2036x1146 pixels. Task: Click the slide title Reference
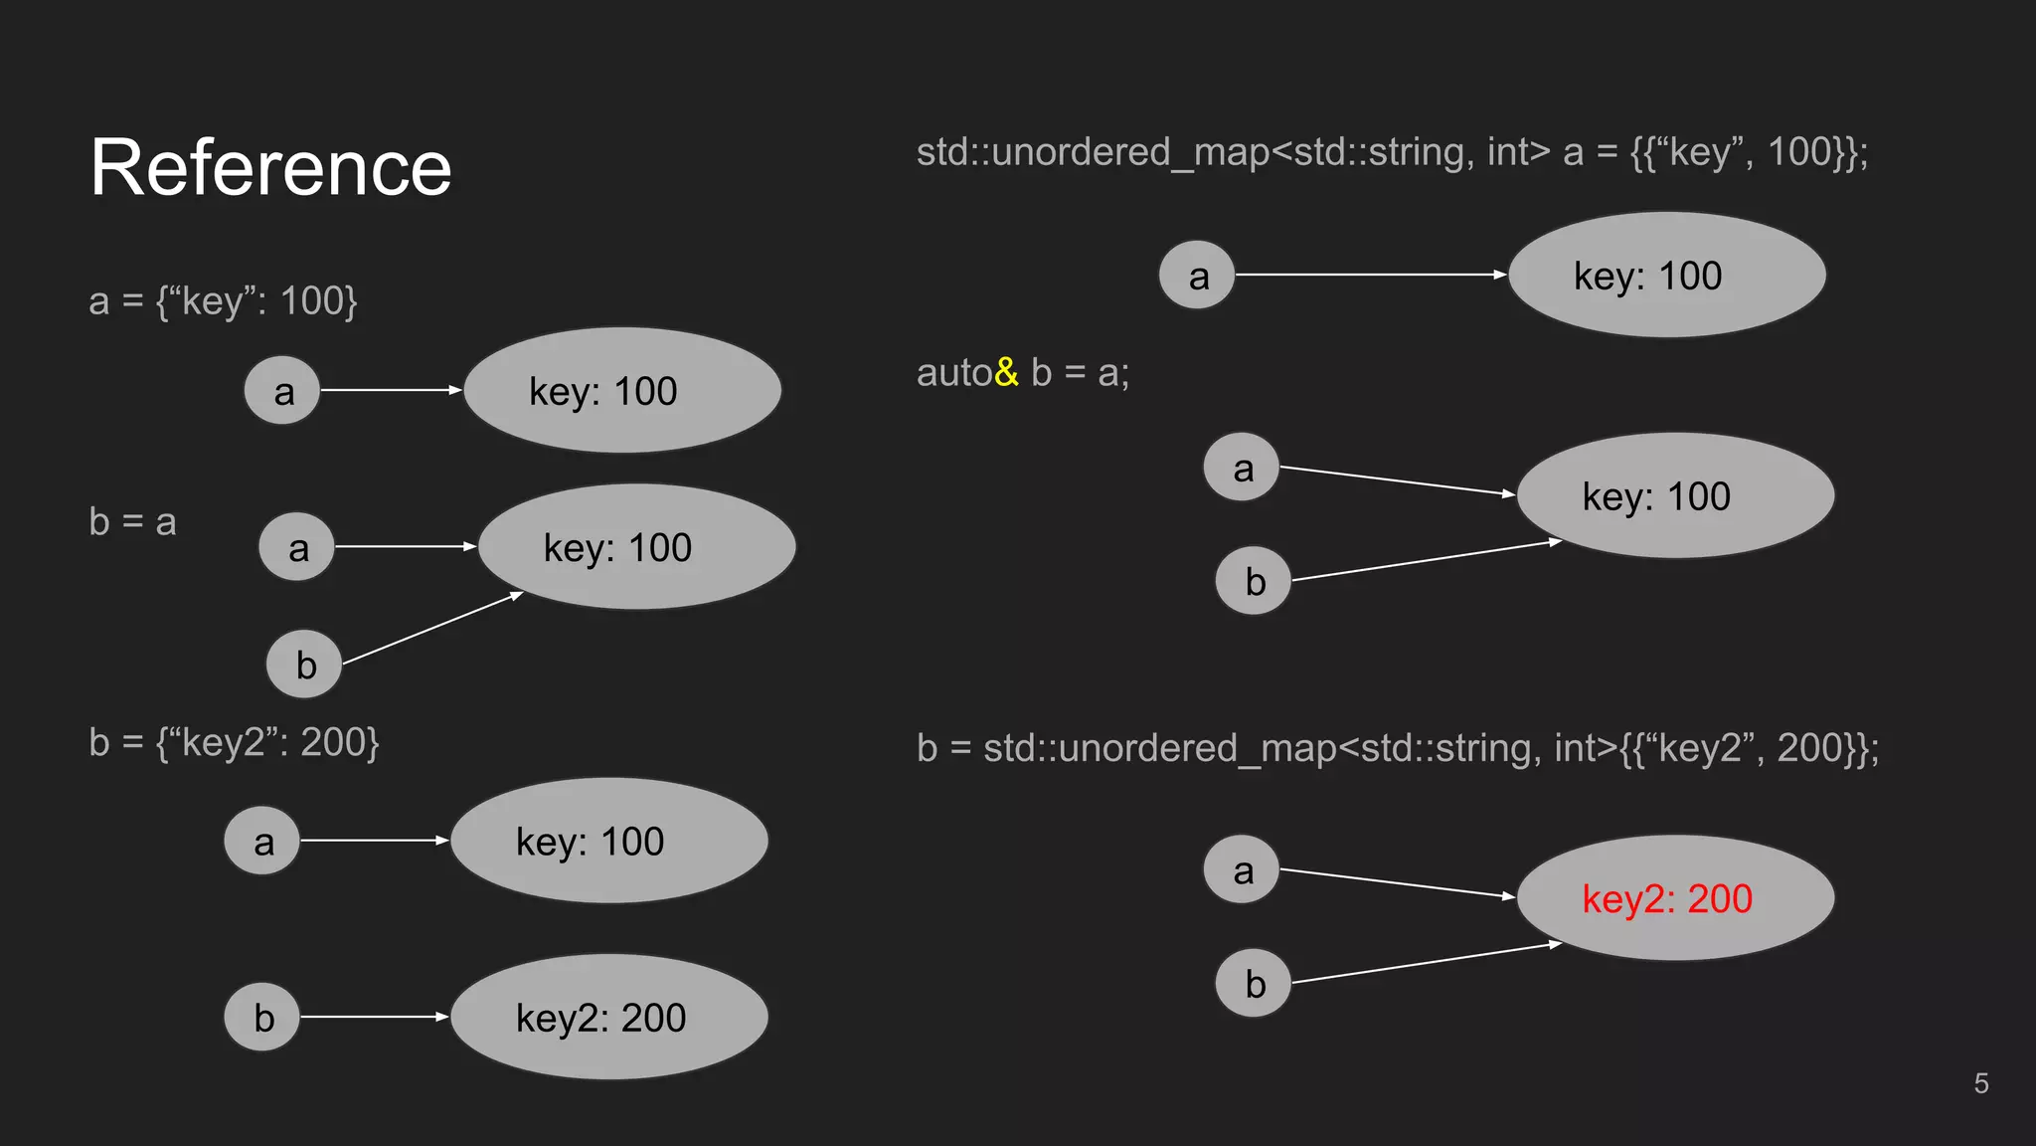pos(270,168)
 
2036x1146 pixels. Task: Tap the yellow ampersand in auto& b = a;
pos(1006,372)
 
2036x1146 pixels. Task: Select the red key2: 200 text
pos(1666,899)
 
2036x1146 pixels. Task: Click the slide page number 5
pos(1980,1083)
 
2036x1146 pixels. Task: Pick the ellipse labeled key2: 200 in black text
pos(608,1017)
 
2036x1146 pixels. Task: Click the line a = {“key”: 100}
pos(223,300)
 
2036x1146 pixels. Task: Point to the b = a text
pos(132,522)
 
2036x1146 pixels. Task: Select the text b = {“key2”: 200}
pos(234,743)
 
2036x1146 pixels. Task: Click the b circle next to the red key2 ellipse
pos(1253,983)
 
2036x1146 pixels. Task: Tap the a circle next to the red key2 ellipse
pos(1241,869)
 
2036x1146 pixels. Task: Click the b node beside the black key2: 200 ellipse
pos(262,1017)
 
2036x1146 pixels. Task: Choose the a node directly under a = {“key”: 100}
pos(282,391)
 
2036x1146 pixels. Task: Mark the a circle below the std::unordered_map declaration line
pos(1197,276)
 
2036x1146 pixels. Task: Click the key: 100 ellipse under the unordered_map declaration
pos(1666,275)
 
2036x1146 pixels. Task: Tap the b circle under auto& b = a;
pos(1253,581)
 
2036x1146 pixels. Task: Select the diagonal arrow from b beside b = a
pos(431,629)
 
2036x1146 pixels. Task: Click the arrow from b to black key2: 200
pos(374,1017)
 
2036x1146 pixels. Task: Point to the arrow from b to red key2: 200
pos(1426,963)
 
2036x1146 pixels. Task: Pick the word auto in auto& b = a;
pos(953,373)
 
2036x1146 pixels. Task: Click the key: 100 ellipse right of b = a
pos(636,547)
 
